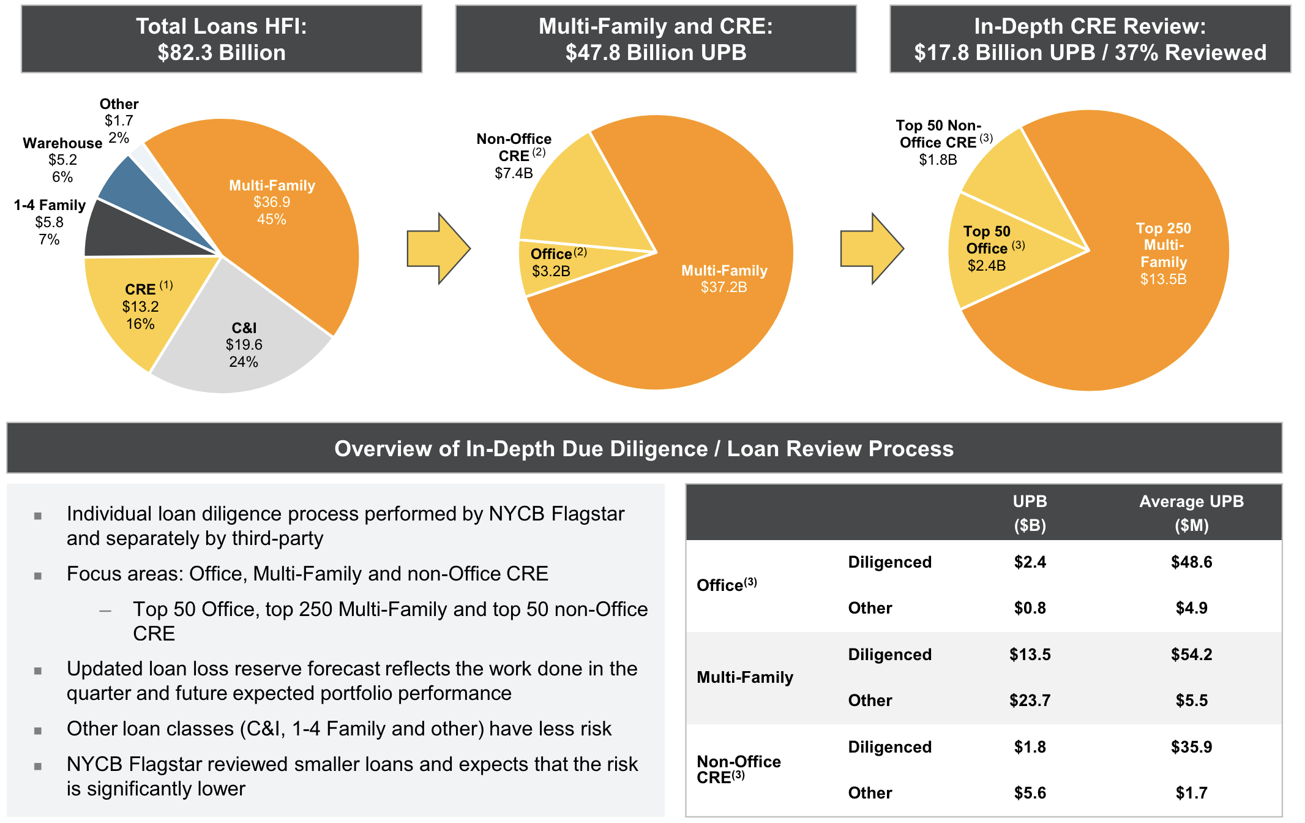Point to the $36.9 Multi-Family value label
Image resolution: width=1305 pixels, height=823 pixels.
point(272,202)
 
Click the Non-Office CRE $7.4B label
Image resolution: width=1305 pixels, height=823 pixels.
point(514,156)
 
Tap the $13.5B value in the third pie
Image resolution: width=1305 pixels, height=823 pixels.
point(1163,279)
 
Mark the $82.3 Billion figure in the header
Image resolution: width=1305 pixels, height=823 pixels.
point(221,53)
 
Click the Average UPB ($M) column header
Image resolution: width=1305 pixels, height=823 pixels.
point(1191,513)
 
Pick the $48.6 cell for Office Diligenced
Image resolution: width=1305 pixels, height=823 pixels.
point(1191,562)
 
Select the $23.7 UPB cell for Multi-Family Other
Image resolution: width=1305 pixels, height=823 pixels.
point(1030,701)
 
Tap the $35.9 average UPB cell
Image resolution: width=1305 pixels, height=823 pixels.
point(1191,747)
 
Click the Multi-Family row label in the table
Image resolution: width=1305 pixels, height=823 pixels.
point(745,677)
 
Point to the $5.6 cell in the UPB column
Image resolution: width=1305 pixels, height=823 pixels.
point(1030,793)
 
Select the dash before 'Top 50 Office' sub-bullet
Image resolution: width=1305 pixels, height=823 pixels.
point(105,611)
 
